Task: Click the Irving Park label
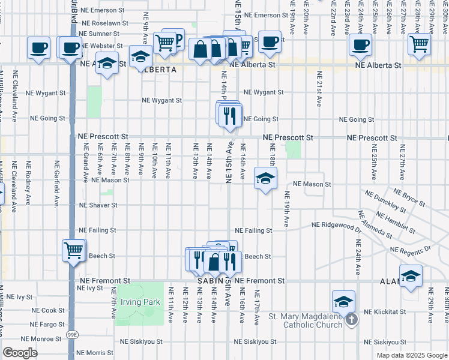[x=140, y=302]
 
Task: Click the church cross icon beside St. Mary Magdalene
[x=352, y=319]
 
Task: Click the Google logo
[x=20, y=353]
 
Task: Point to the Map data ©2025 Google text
[x=411, y=355]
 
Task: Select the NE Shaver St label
[x=98, y=205]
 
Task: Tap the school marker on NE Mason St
[x=265, y=178]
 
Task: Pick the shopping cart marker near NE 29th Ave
[x=419, y=43]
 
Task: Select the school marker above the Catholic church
[x=343, y=301]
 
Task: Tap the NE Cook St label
[x=48, y=310]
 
